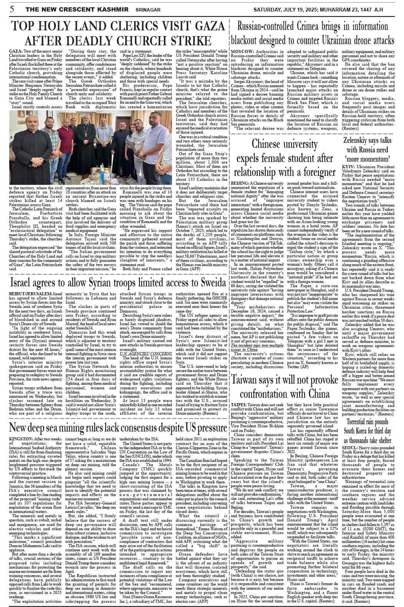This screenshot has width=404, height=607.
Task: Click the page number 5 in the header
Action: pos(12,8)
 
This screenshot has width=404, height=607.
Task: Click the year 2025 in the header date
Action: pos(318,8)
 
